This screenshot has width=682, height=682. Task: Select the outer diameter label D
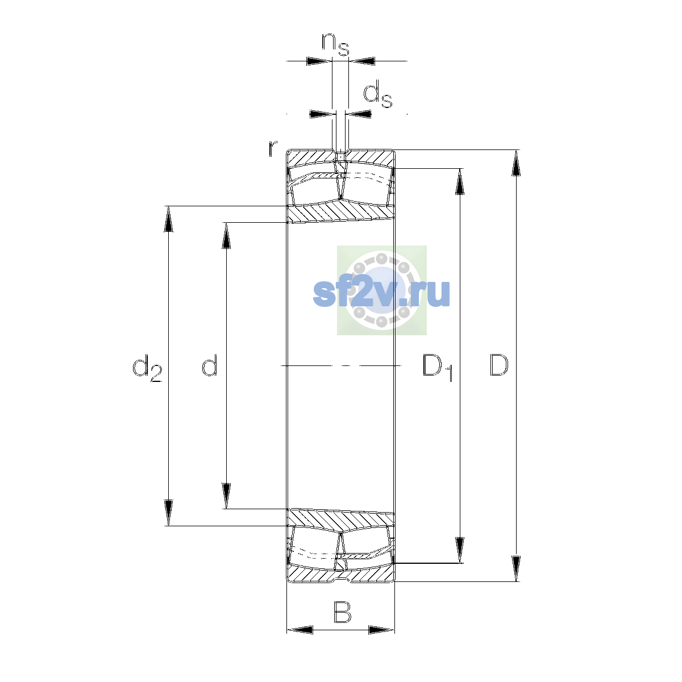[499, 365]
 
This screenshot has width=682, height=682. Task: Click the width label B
[342, 612]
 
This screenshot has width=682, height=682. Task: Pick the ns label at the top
[335, 44]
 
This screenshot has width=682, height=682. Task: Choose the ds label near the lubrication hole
[377, 94]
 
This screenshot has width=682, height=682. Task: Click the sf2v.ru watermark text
[381, 293]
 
